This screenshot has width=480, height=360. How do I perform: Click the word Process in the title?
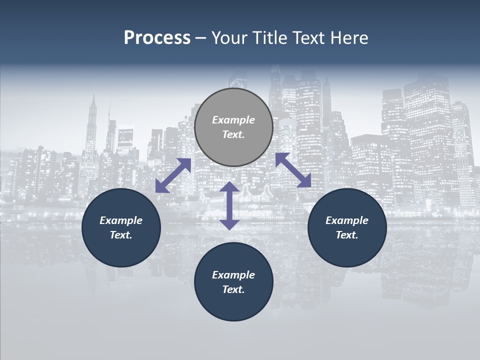tap(157, 38)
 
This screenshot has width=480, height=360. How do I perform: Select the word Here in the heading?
tap(349, 38)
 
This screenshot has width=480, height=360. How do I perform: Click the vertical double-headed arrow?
tap(229, 205)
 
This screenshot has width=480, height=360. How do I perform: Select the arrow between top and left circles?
tap(173, 175)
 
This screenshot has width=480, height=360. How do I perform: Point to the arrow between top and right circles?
tap(293, 170)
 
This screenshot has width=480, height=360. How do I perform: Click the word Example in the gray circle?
tap(233, 120)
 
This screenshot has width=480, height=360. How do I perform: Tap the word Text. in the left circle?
tap(121, 235)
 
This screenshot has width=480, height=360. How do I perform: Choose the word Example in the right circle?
tap(347, 220)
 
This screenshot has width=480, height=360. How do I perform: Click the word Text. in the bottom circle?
tap(233, 289)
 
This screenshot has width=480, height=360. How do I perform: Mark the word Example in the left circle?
tap(121, 220)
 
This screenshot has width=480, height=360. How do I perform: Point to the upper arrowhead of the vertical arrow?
tap(229, 187)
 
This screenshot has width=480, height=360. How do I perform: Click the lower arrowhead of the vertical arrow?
tap(229, 224)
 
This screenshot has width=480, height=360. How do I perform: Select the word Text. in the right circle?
tap(347, 235)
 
